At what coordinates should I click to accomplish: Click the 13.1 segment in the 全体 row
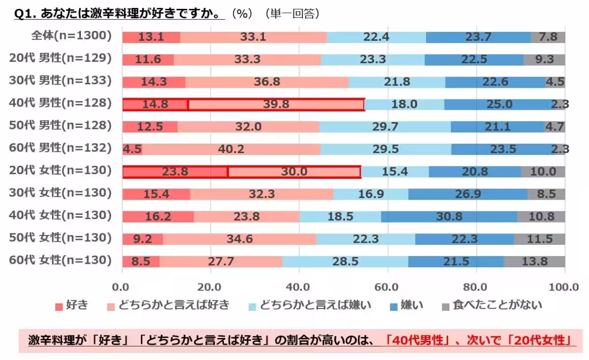pyautogui.click(x=151, y=37)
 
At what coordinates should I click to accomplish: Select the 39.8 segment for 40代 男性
pyautogui.click(x=276, y=104)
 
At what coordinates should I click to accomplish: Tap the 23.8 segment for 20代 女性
pyautogui.click(x=175, y=172)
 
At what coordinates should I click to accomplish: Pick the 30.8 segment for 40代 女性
pyautogui.click(x=449, y=216)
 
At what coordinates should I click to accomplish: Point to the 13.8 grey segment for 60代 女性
pyautogui.click(x=534, y=261)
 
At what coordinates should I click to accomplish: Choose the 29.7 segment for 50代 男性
pyautogui.click(x=385, y=127)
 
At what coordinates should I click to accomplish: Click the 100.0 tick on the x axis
pyautogui.click(x=564, y=287)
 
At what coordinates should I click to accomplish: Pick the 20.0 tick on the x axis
pyautogui.click(x=211, y=287)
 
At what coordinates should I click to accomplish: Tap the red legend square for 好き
pyautogui.click(x=59, y=306)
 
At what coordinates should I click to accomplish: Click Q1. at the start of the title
pyautogui.click(x=26, y=14)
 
